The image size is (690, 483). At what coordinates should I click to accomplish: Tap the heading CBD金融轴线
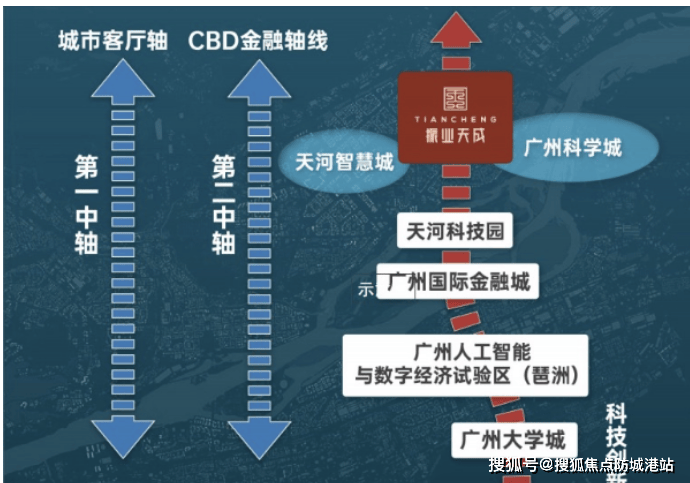click(x=258, y=42)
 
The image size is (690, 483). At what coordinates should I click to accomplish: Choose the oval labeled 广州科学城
click(x=573, y=148)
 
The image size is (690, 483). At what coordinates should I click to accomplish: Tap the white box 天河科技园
click(x=455, y=231)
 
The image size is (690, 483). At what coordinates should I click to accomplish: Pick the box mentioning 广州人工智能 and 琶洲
click(x=465, y=365)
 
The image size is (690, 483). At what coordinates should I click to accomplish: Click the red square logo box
click(x=455, y=118)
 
